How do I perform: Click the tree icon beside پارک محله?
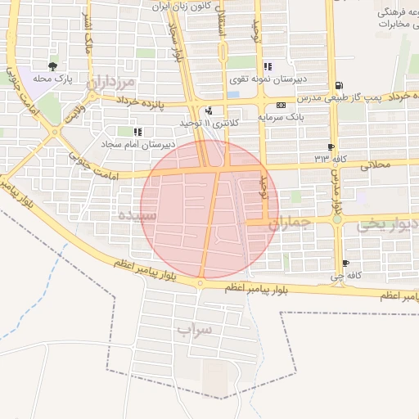click(x=53, y=67)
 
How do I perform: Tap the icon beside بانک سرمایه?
click(x=281, y=106)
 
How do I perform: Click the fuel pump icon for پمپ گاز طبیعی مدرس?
click(x=339, y=85)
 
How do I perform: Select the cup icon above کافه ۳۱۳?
click(x=331, y=146)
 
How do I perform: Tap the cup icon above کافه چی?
click(x=345, y=264)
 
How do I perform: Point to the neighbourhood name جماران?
click(x=286, y=222)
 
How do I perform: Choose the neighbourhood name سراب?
click(x=194, y=330)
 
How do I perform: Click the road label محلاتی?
click(x=377, y=165)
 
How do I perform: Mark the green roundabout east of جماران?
click(x=336, y=219)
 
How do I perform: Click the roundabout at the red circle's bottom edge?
click(x=200, y=283)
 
